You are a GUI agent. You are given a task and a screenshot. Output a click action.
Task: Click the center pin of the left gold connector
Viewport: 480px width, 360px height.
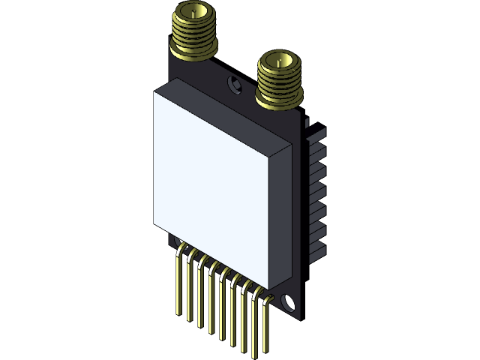click(194, 13)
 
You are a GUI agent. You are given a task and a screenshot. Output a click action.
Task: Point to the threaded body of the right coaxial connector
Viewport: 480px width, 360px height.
click(280, 81)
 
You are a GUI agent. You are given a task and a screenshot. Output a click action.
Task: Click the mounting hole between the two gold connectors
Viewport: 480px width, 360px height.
click(235, 85)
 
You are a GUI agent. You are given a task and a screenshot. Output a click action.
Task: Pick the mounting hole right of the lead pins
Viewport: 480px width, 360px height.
click(289, 303)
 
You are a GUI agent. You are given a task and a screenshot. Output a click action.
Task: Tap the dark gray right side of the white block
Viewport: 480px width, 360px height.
click(280, 217)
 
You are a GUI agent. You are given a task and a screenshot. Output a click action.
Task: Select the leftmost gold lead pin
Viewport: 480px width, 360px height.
click(178, 285)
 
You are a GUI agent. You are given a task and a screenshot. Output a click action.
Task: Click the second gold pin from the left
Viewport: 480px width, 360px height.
click(189, 291)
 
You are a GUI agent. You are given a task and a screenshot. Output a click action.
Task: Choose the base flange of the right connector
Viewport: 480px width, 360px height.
click(279, 100)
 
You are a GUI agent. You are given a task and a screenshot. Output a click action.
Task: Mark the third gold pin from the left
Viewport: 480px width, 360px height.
click(199, 296)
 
